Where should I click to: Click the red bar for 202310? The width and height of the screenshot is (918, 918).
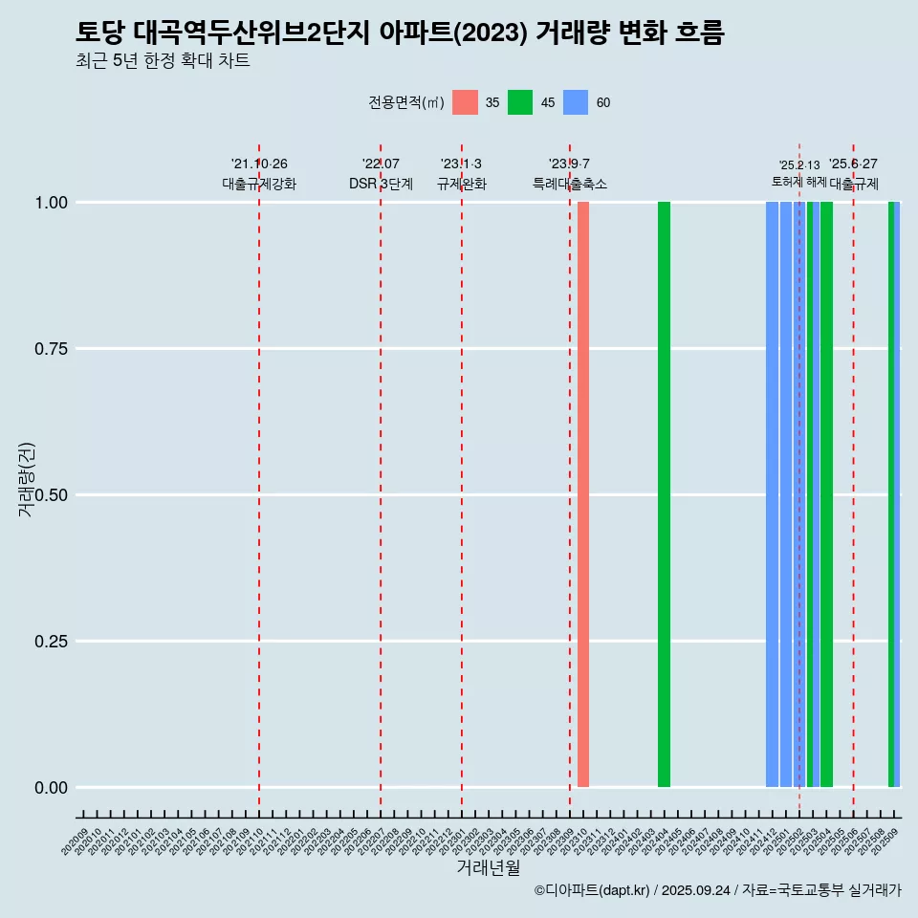click(582, 494)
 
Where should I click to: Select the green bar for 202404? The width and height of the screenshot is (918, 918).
click(664, 494)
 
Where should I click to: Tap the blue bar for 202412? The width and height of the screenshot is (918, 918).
click(772, 494)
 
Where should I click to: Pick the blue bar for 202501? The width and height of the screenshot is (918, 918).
click(785, 494)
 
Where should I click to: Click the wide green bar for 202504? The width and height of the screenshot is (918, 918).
click(826, 494)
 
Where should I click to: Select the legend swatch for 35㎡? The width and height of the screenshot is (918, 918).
click(465, 102)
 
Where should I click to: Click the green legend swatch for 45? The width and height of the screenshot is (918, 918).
click(520, 102)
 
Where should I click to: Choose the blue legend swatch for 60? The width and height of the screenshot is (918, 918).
click(576, 102)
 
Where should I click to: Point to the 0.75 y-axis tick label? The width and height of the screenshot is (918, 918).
click(50, 348)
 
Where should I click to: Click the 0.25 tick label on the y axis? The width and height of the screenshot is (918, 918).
click(50, 641)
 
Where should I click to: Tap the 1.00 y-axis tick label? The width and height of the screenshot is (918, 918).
click(50, 202)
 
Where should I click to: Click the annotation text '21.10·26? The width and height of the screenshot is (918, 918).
click(259, 164)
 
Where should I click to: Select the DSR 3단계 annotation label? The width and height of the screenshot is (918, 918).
click(381, 184)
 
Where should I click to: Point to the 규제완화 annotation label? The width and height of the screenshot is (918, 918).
click(462, 184)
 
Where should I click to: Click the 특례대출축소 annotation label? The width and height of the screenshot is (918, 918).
click(570, 184)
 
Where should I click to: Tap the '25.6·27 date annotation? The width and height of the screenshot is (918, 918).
click(853, 164)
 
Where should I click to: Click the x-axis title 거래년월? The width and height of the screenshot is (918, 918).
click(489, 868)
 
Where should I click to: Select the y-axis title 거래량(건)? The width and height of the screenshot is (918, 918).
click(26, 479)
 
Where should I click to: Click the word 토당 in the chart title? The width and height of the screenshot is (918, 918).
click(96, 33)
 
